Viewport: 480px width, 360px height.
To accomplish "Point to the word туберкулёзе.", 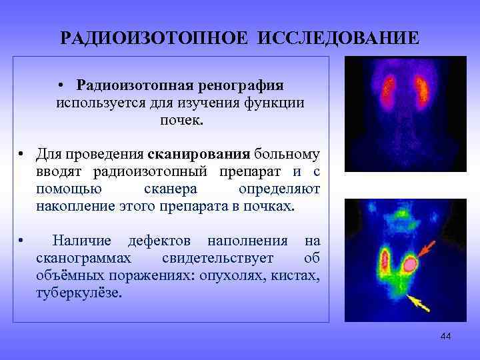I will tap(79, 292).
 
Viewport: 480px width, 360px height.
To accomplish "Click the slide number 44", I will tap(446, 336).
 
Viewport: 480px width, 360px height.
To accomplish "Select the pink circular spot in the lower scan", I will tap(411, 265).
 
